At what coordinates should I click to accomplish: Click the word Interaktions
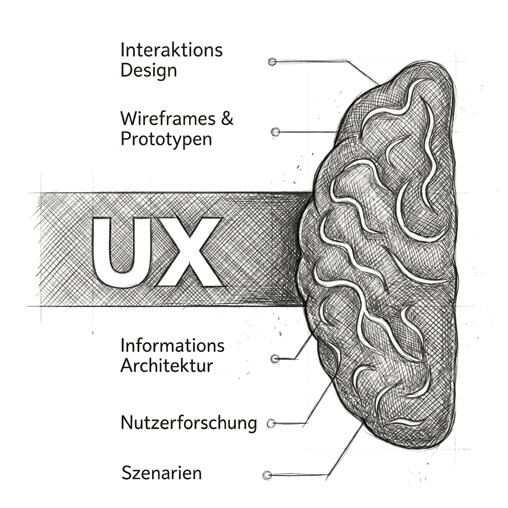tap(171, 50)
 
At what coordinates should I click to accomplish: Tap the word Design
tap(149, 70)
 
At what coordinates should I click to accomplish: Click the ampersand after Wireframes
tap(227, 119)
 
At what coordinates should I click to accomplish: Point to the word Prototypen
tap(166, 139)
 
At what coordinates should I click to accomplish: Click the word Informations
tap(172, 345)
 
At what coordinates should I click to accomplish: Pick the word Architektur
tap(167, 366)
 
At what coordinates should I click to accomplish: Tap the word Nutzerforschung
tap(189, 423)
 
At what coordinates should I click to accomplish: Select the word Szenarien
tap(162, 473)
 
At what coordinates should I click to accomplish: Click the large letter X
tap(190, 252)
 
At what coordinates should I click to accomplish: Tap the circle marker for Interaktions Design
tap(272, 62)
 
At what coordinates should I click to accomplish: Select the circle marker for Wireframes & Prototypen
tap(275, 132)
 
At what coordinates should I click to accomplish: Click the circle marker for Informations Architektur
tap(275, 359)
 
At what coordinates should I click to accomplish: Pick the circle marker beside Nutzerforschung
tap(271, 423)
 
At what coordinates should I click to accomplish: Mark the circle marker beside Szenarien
tap(267, 475)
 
